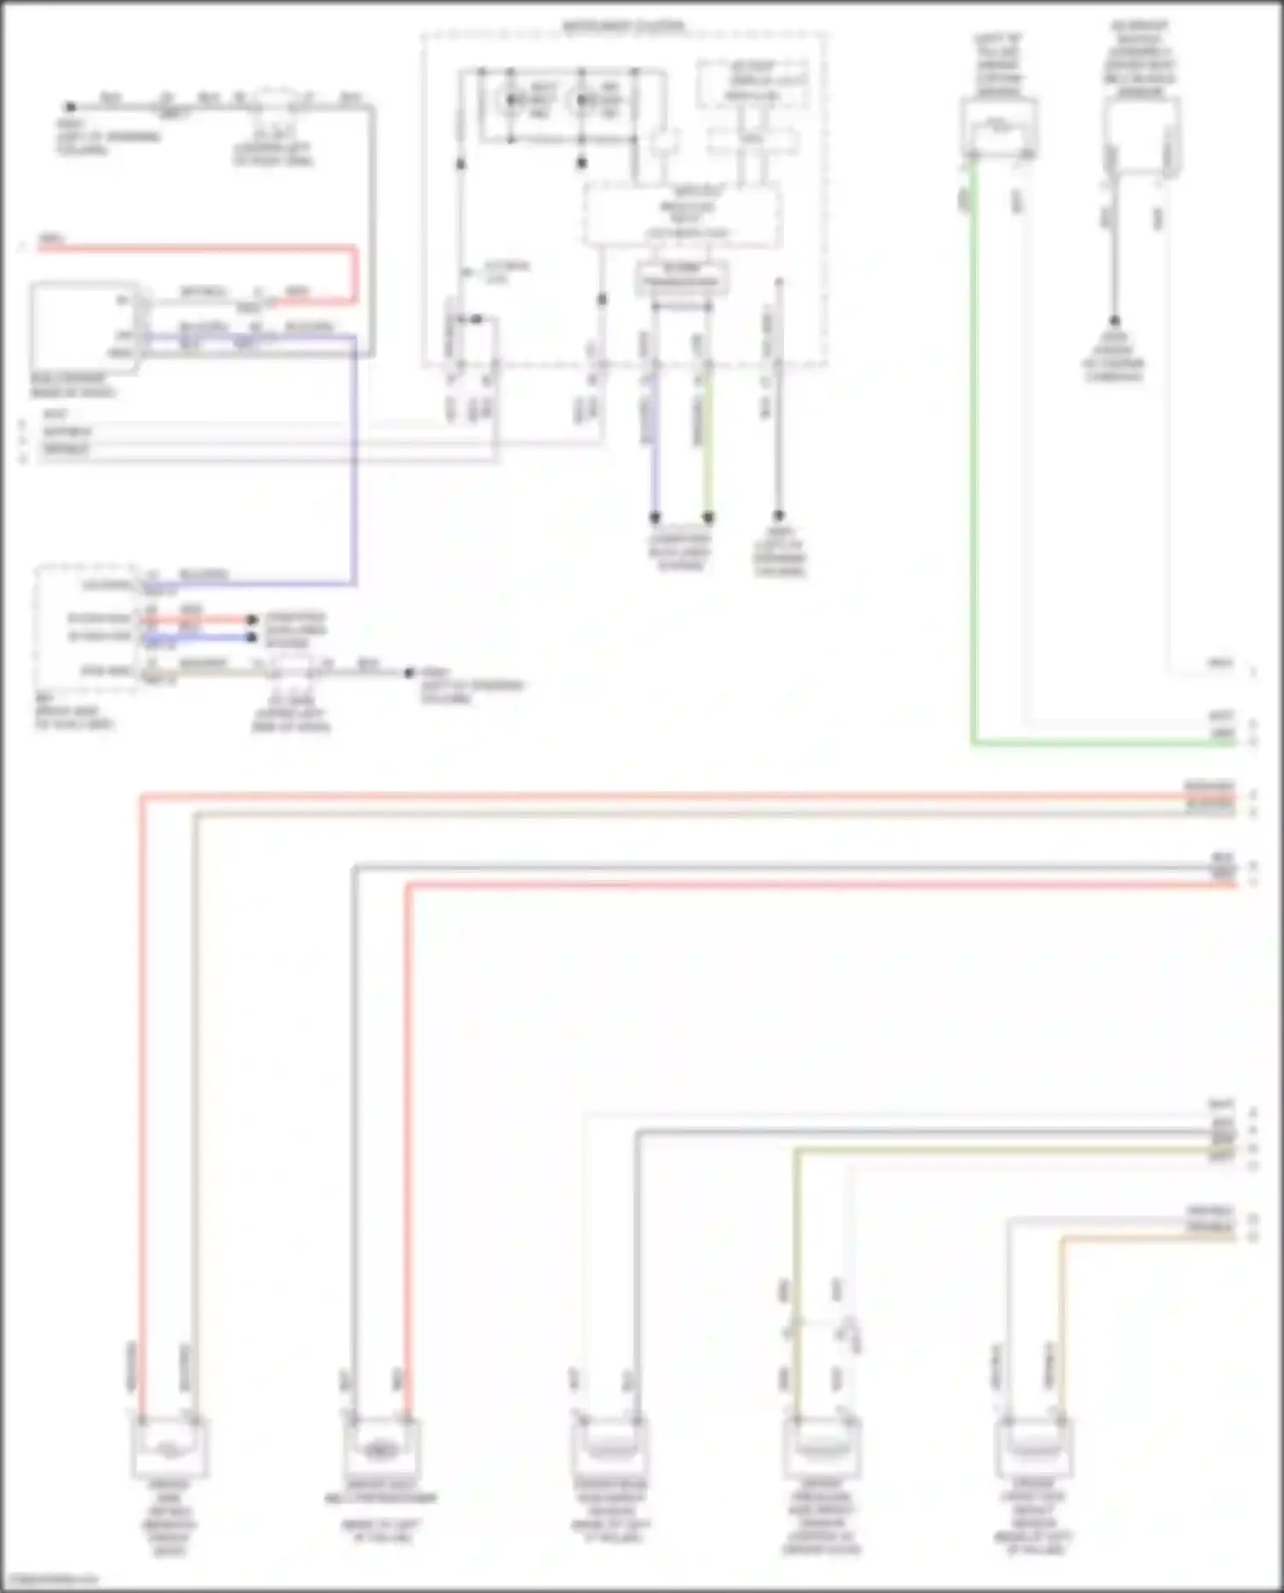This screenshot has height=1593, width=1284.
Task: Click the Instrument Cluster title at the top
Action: [x=623, y=27]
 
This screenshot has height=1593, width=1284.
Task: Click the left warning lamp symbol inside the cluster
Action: [x=512, y=101]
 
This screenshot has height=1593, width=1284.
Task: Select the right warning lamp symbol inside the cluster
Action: [x=586, y=101]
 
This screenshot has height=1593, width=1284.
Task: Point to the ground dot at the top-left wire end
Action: [x=71, y=107]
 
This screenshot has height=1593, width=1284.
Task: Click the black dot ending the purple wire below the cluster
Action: [x=655, y=517]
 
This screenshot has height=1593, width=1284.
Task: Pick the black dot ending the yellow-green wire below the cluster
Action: [x=709, y=517]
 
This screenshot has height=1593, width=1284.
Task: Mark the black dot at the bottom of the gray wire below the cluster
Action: [x=778, y=516]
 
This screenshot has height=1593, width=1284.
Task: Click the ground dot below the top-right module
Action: [x=1115, y=321]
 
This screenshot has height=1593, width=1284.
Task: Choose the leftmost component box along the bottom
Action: [x=169, y=1447]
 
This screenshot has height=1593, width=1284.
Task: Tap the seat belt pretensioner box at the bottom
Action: [x=381, y=1447]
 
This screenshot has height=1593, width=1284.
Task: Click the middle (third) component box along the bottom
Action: [x=609, y=1447]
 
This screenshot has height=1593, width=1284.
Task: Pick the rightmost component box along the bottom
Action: [x=1034, y=1447]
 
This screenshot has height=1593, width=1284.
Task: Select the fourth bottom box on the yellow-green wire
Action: [x=821, y=1447]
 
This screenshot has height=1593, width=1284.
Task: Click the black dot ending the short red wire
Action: [x=252, y=619]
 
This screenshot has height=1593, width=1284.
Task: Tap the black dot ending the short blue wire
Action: [x=252, y=637]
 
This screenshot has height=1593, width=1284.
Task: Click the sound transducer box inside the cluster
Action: [x=681, y=278]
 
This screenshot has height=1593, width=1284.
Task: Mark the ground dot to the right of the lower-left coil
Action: [x=409, y=673]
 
